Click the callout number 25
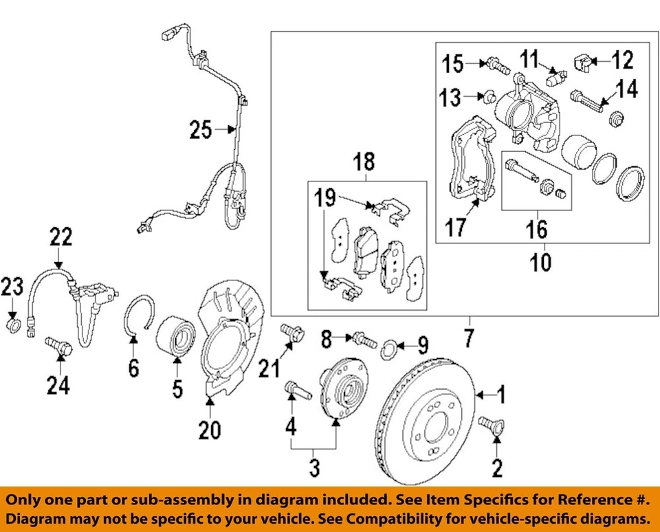click(x=201, y=129)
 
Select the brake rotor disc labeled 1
click(x=426, y=419)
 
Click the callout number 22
click(x=59, y=238)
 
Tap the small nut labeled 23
click(x=13, y=322)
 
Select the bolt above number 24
click(x=58, y=345)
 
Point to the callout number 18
click(x=364, y=162)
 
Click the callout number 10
click(x=542, y=263)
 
